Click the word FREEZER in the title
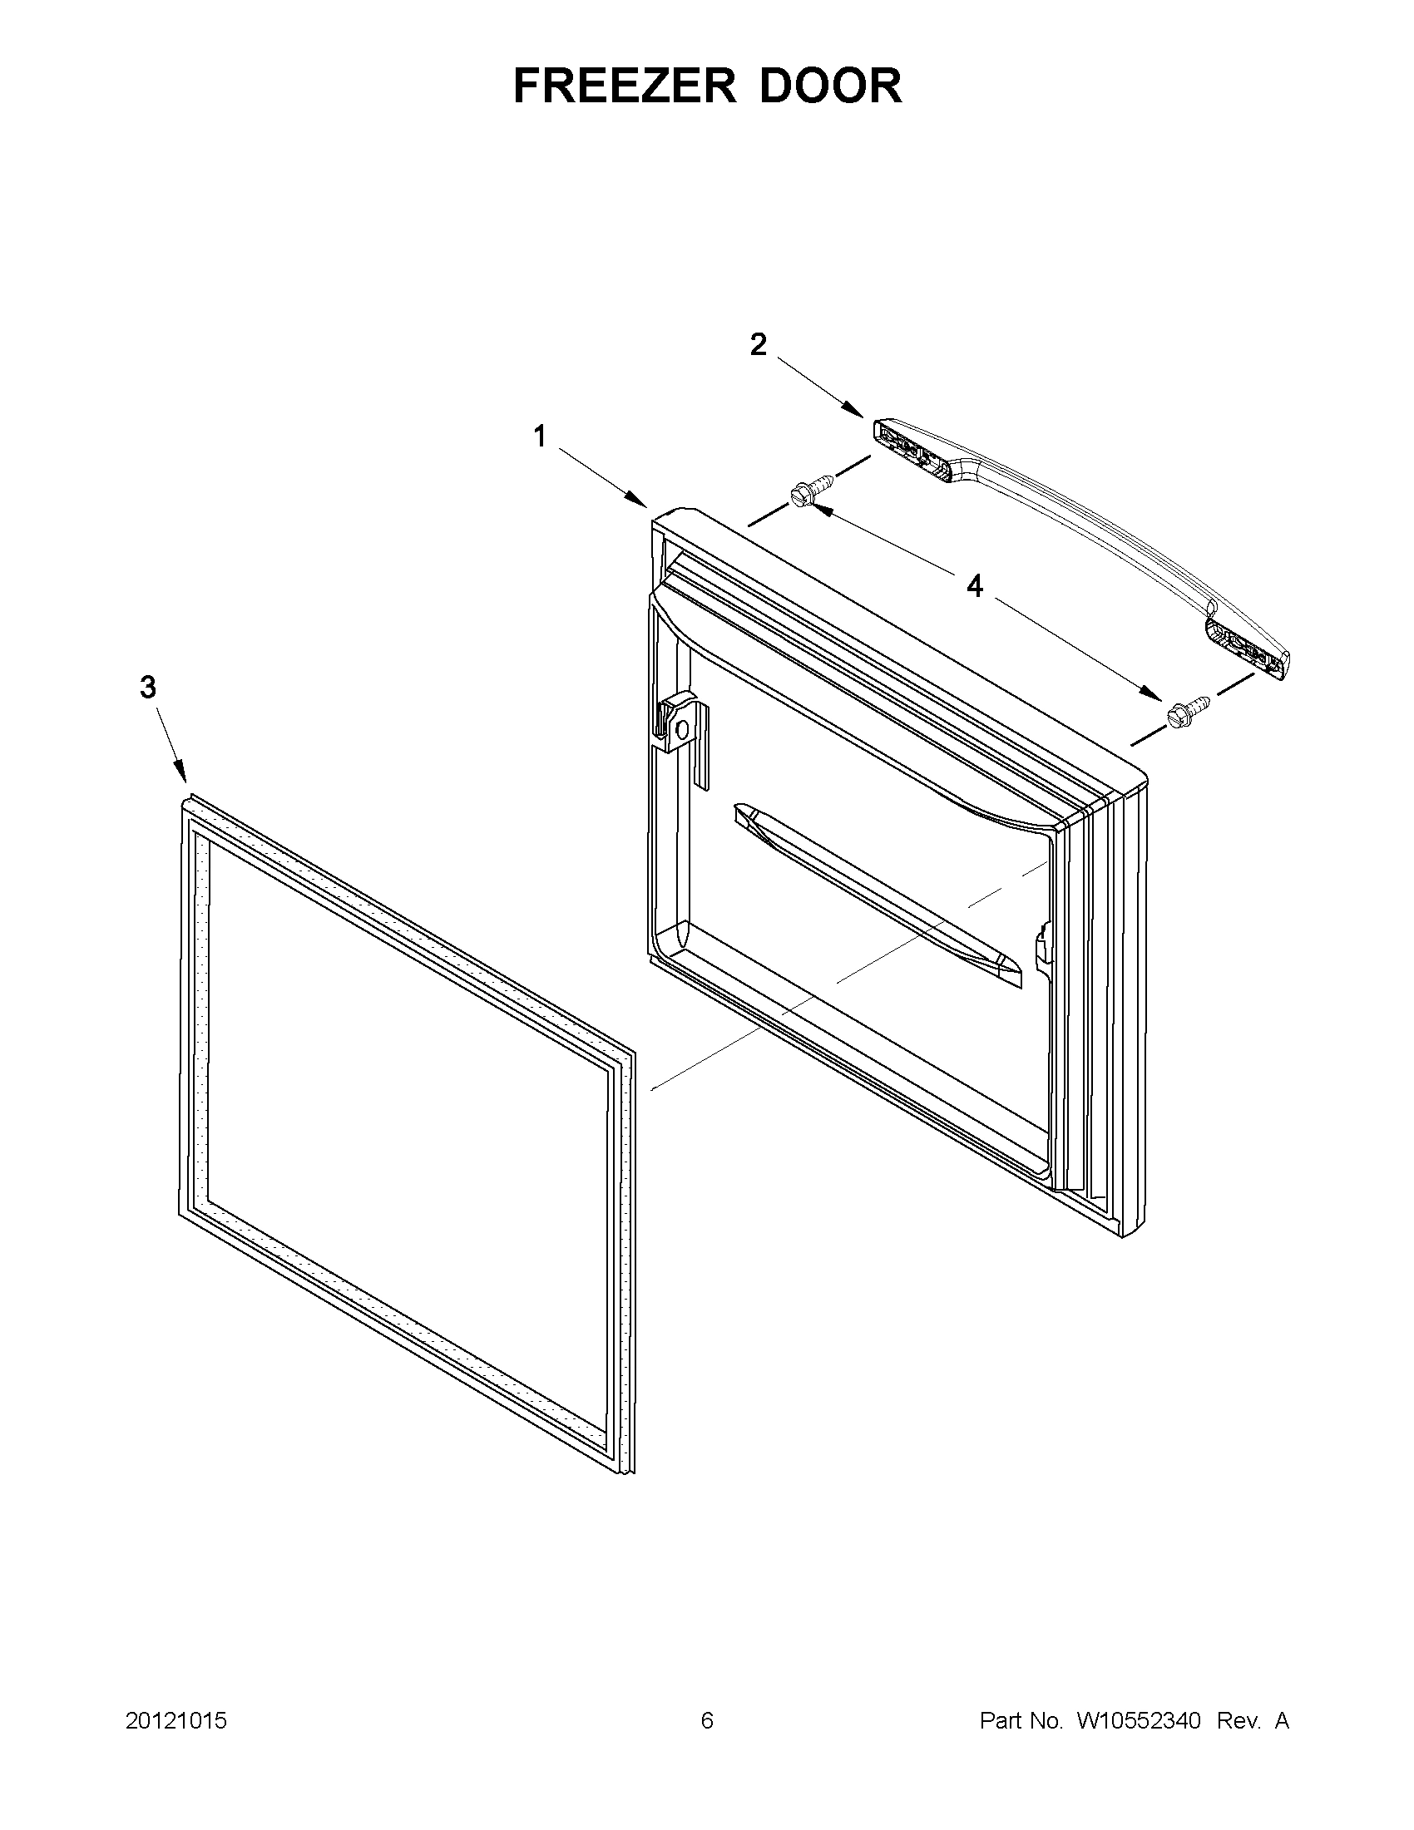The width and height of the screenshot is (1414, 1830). [x=624, y=86]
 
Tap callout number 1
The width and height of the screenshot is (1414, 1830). [x=541, y=436]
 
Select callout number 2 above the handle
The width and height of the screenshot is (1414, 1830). [x=758, y=344]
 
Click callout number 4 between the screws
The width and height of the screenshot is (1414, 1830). [x=974, y=586]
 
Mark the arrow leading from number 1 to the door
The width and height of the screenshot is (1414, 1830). [x=603, y=478]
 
